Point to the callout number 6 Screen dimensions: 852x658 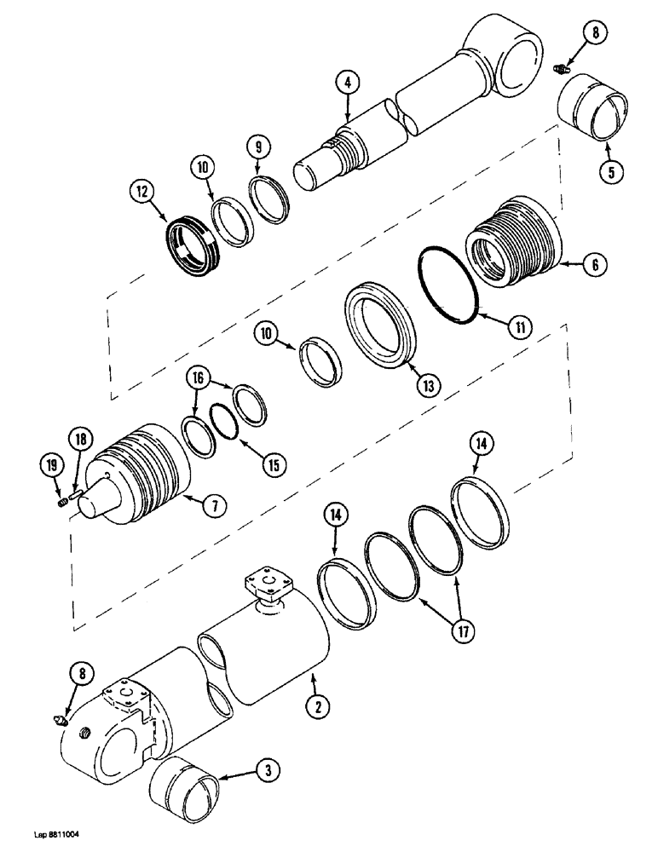tap(594, 265)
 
